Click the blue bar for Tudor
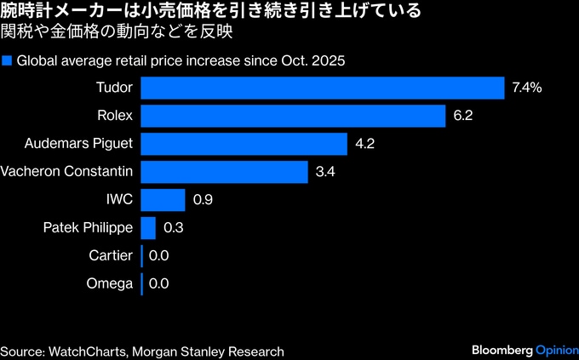(323, 88)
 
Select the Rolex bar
(293, 116)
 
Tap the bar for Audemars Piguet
(244, 144)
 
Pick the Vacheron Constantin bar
(224, 172)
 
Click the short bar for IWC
(163, 200)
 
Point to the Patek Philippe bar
(148, 228)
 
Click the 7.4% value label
(528, 88)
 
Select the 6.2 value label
(463, 116)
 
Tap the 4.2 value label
(365, 144)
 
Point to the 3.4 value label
(325, 172)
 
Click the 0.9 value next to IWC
(203, 200)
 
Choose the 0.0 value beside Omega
(158, 283)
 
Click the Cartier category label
(111, 255)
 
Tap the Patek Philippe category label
(89, 228)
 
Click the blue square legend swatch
(8, 61)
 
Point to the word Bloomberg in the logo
(502, 351)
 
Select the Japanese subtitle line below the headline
(118, 34)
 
